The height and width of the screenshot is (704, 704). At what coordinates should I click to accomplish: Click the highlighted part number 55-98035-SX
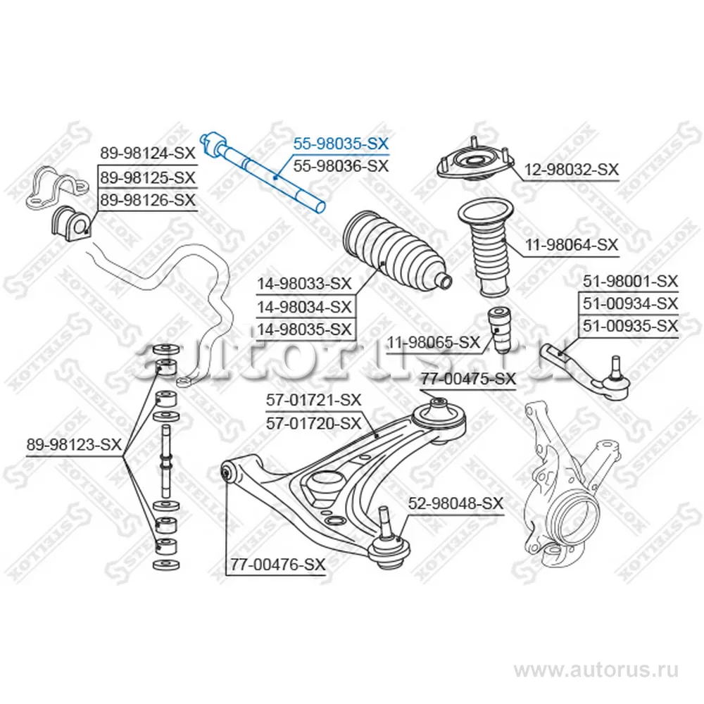coord(341,144)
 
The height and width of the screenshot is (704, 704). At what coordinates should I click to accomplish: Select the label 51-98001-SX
coord(629,282)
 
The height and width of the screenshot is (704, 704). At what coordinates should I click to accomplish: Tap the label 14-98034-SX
coord(304,307)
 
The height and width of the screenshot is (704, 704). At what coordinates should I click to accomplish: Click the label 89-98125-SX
coord(146,177)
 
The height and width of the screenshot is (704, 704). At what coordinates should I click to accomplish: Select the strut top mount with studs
coord(472,163)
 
